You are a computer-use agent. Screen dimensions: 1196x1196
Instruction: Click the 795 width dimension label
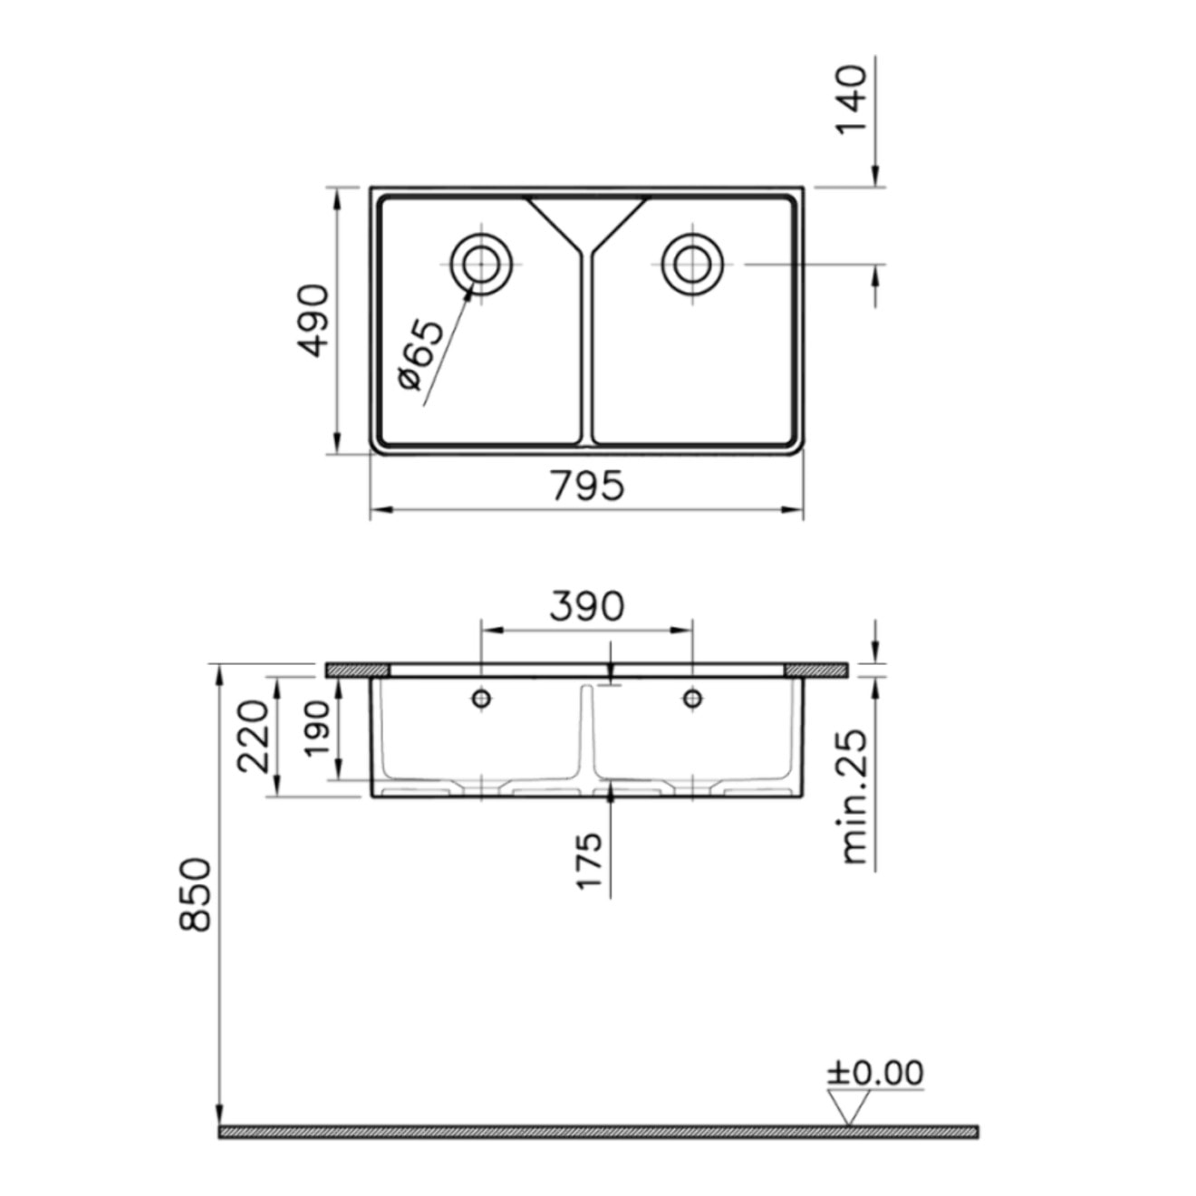point(587,486)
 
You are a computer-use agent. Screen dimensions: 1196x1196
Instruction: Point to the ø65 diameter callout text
point(422,354)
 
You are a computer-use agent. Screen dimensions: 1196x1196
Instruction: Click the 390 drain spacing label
point(586,606)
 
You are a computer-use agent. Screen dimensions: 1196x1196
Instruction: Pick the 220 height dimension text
point(253,736)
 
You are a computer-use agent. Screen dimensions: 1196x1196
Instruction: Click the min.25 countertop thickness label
point(854,796)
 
